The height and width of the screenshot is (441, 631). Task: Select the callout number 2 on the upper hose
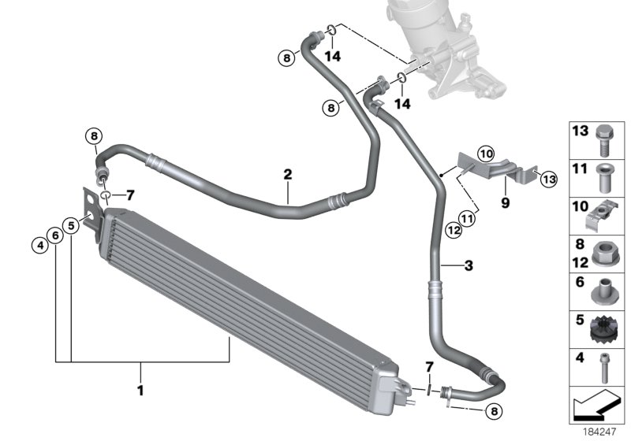pyautogui.click(x=288, y=174)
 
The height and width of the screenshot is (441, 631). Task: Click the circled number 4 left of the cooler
pyautogui.click(x=38, y=245)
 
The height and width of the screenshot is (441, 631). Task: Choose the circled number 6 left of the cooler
pyautogui.click(x=54, y=234)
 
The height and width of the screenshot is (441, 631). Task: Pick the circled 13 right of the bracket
pyautogui.click(x=548, y=180)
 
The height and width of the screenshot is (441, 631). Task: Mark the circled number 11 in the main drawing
pyautogui.click(x=469, y=217)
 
